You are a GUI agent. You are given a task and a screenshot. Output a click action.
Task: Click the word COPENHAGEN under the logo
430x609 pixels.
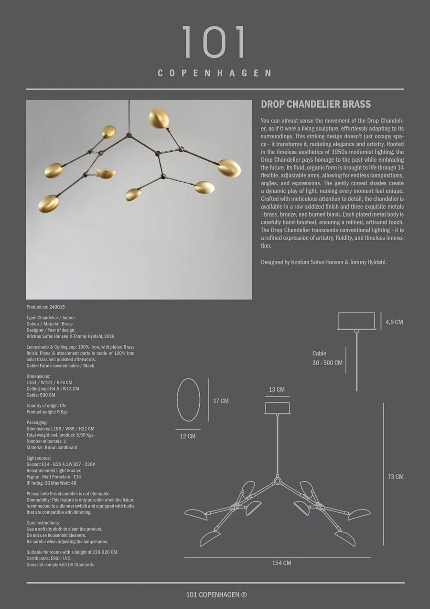click(x=215, y=73)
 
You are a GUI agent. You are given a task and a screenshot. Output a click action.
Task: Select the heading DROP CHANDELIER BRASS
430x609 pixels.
click(x=316, y=104)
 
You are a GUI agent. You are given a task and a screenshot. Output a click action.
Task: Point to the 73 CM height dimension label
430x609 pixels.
click(x=395, y=476)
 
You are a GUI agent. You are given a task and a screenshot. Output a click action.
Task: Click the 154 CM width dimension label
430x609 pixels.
click(x=281, y=563)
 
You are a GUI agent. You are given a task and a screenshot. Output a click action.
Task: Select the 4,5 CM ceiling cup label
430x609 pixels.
click(x=394, y=322)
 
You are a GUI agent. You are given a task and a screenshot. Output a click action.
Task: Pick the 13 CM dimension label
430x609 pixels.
click(x=277, y=390)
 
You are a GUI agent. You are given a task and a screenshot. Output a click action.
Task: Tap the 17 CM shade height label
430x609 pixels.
click(x=221, y=401)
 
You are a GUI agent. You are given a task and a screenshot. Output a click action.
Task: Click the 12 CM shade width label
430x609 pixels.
click(x=188, y=436)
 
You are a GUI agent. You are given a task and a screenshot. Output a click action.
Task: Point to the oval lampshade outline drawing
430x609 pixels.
click(x=188, y=399)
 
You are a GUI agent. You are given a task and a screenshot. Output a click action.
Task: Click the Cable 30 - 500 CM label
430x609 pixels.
click(x=327, y=358)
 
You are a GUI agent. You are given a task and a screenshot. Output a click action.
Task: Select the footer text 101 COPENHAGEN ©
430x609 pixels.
click(x=216, y=595)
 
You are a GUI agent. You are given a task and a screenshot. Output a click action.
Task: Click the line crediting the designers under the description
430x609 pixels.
click(x=324, y=262)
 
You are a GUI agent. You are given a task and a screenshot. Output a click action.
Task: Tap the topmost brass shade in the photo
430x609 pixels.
click(x=159, y=119)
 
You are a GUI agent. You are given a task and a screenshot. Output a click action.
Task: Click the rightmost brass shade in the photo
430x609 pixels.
click(x=229, y=168)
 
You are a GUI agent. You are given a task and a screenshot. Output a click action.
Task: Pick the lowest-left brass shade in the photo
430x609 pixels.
click(x=49, y=204)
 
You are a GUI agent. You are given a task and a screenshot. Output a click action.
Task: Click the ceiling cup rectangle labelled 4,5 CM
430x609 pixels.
click(x=356, y=321)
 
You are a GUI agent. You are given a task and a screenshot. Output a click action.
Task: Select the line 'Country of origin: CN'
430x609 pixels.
click(x=46, y=406)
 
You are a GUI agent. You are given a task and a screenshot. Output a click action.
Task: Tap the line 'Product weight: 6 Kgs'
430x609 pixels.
click(x=47, y=412)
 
